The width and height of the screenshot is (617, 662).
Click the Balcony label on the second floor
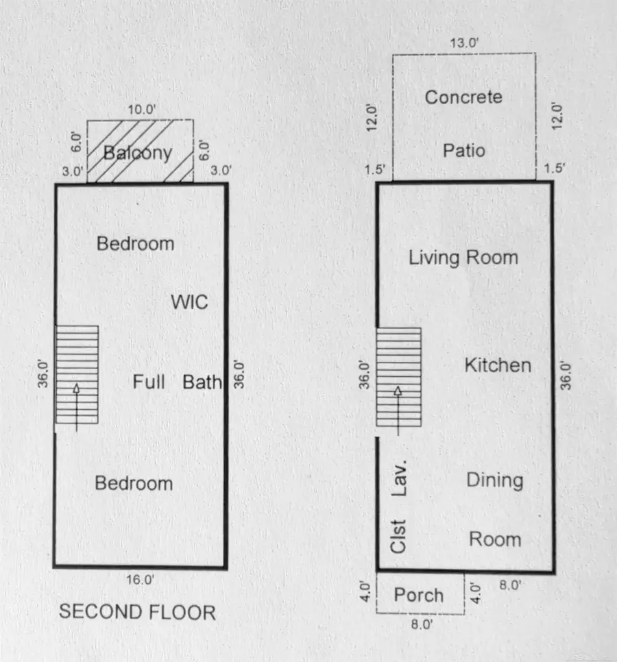click(x=137, y=152)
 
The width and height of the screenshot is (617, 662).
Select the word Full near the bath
click(x=149, y=382)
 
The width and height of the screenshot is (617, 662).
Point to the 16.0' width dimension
click(x=141, y=580)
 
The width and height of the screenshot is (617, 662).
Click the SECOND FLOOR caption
click(x=137, y=612)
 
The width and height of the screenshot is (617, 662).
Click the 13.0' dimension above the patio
click(x=464, y=42)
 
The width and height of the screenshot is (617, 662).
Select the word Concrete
click(x=463, y=97)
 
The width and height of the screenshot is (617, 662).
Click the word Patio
click(x=463, y=149)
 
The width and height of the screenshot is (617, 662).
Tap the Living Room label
click(x=463, y=258)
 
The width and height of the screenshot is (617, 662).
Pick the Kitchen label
click(x=498, y=365)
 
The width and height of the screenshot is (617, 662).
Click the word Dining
click(x=494, y=480)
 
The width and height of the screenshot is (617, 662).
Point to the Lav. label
click(x=400, y=478)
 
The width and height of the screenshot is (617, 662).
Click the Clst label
click(x=398, y=536)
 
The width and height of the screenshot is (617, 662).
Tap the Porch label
click(x=418, y=595)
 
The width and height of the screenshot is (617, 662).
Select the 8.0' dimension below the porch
click(x=421, y=624)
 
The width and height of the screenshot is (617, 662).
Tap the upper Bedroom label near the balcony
click(x=135, y=243)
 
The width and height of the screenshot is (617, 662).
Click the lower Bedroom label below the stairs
click(x=134, y=483)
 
